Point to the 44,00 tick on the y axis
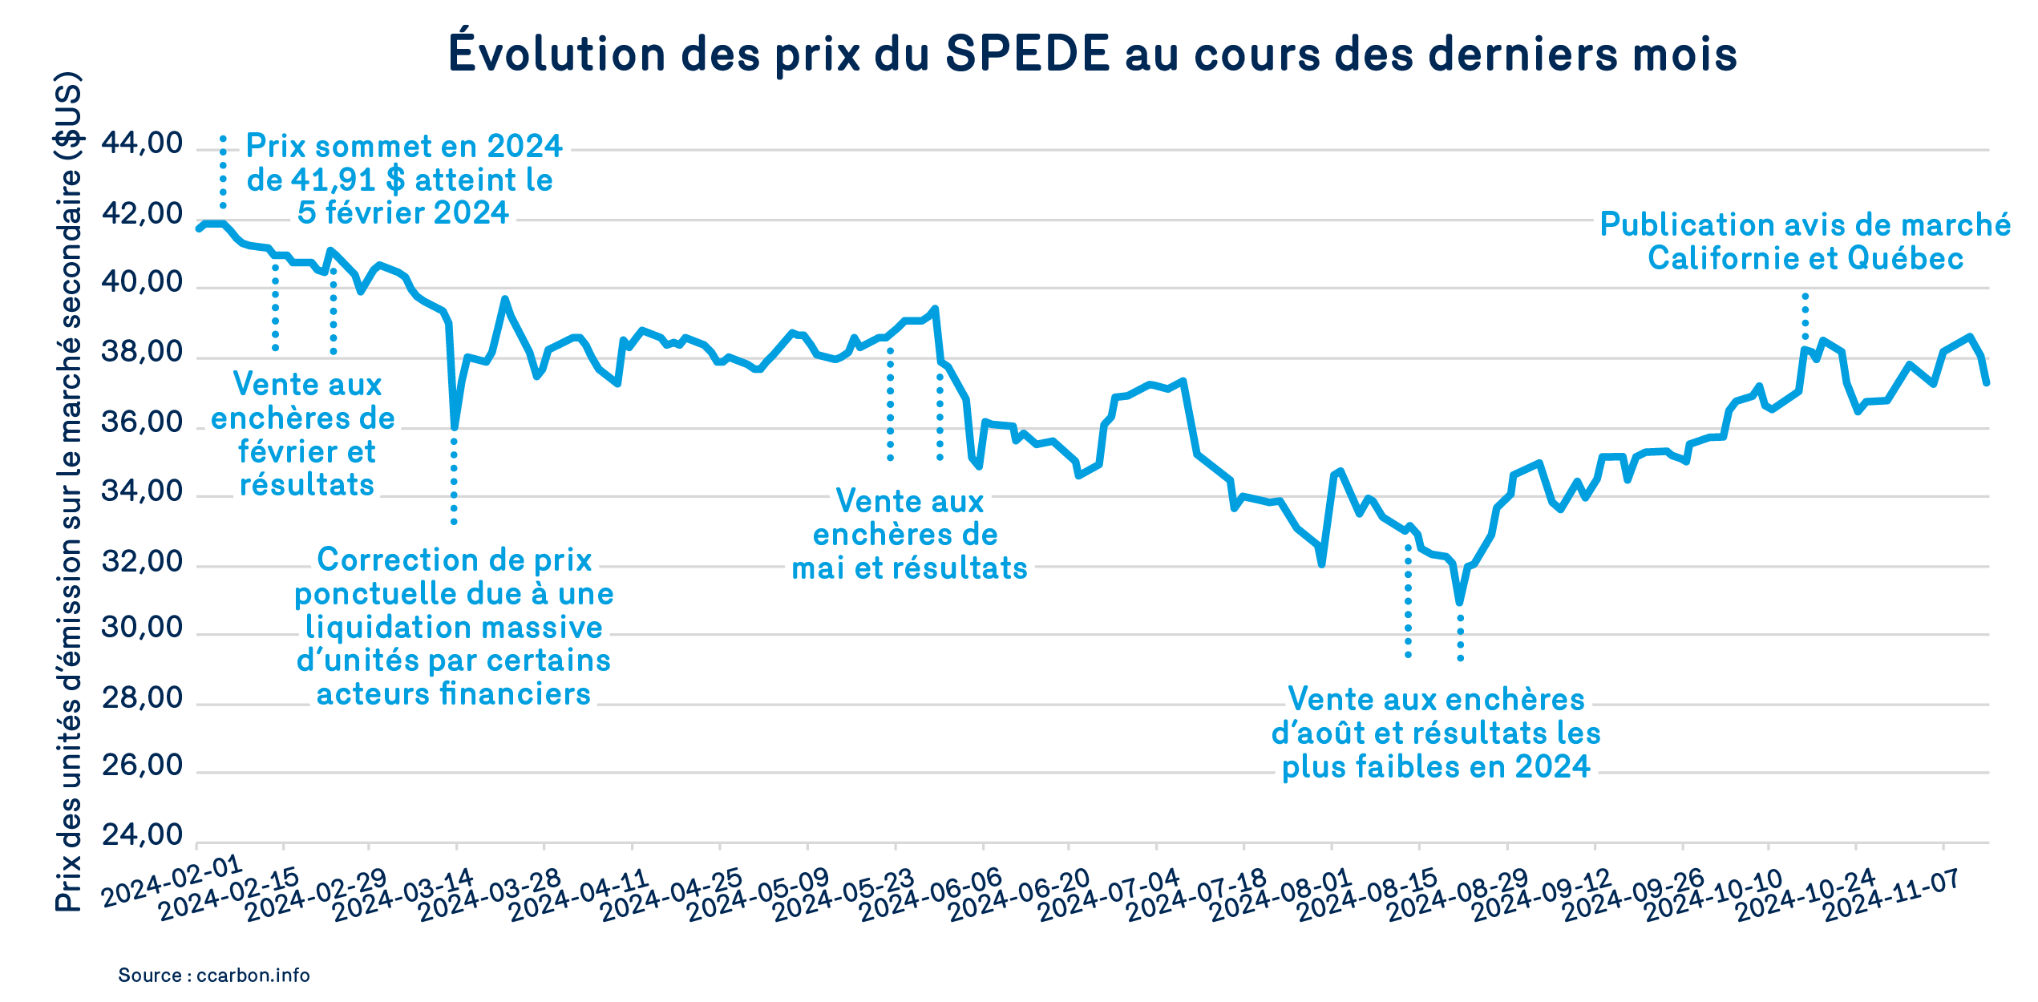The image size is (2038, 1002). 142,144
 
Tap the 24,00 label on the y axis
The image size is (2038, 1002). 142,835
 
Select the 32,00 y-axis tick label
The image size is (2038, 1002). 142,562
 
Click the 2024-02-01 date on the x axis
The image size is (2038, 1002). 172,881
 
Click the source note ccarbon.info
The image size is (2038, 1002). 213,976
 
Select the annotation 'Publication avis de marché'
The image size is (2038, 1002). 1805,224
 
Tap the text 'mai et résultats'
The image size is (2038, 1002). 909,568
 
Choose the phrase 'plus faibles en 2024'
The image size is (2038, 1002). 1435,767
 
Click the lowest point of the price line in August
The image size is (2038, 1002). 1459,601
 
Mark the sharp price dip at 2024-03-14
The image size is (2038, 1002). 455,426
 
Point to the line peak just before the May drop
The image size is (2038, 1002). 935,309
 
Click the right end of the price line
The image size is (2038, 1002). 1986,383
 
